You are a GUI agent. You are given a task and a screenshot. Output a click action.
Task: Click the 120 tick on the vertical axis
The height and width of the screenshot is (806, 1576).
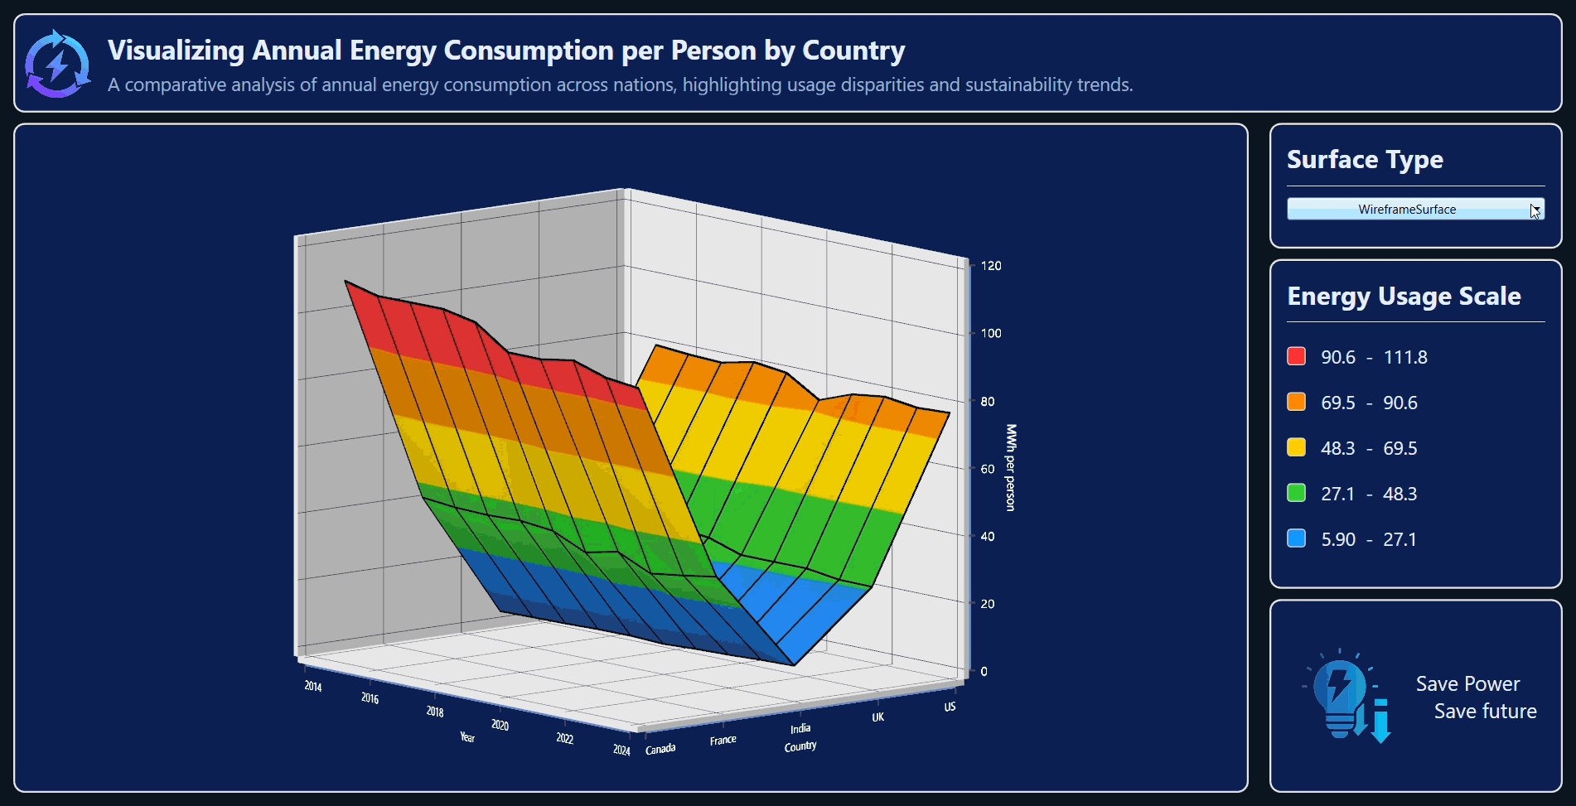990,266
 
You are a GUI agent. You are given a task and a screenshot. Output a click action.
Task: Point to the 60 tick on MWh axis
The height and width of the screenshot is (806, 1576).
987,469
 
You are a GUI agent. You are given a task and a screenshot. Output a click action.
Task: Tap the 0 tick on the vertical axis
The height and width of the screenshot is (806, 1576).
984,672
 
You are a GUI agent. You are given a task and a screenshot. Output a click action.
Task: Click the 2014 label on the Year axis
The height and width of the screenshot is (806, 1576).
312,686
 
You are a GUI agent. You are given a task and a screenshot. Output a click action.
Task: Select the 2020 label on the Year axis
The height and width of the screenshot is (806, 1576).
500,725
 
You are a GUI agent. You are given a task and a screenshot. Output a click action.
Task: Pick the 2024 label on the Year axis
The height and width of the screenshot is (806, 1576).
621,750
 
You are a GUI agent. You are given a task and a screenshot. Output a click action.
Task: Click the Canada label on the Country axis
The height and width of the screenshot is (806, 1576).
660,749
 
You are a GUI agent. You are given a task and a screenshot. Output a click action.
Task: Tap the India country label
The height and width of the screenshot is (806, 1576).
800,729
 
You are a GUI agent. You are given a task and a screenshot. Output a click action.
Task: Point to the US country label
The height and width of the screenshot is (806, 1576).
950,707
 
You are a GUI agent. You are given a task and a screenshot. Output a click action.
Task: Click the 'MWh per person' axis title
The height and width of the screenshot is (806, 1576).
1010,467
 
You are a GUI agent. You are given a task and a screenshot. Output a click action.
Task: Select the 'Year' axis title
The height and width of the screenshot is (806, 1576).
467,737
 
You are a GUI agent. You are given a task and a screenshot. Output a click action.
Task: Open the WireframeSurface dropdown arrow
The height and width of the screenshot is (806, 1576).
1535,210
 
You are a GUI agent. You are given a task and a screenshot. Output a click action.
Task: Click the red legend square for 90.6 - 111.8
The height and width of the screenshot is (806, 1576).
1296,356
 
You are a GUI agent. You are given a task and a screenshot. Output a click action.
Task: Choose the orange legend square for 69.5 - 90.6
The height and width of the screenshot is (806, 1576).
1296,402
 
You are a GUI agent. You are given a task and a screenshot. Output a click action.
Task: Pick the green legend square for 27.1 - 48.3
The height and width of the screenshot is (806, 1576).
1296,493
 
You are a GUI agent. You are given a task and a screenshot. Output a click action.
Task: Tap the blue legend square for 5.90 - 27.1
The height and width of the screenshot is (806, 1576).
1296,538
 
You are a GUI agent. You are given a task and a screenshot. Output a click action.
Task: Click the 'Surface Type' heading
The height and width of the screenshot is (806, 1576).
1365,159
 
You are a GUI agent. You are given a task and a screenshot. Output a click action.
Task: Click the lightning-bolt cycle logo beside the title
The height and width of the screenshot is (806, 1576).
57,64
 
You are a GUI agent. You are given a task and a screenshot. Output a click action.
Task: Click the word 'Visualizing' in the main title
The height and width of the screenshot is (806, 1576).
176,51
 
